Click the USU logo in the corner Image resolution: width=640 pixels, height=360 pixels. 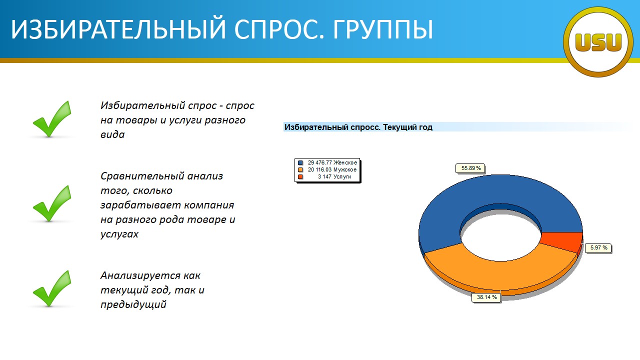[x=598, y=42]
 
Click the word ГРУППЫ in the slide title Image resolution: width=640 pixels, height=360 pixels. [x=383, y=29]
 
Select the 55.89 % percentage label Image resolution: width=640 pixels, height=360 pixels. [x=470, y=168]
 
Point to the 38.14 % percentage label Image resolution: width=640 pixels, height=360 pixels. [x=486, y=297]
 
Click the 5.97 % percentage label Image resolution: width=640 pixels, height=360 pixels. [x=598, y=247]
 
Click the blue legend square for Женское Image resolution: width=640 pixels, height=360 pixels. [x=300, y=163]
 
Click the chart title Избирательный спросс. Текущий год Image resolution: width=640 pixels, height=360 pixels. [x=358, y=127]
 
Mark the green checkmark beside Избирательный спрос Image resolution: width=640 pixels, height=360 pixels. [x=52, y=119]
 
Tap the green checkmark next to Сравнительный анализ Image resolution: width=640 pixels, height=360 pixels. [x=52, y=203]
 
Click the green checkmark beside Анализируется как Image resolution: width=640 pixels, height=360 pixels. [x=52, y=288]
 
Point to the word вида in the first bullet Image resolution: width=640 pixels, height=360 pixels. [x=112, y=134]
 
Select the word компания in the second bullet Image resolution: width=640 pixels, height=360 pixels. [x=209, y=205]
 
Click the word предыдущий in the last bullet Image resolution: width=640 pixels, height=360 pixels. [x=133, y=304]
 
